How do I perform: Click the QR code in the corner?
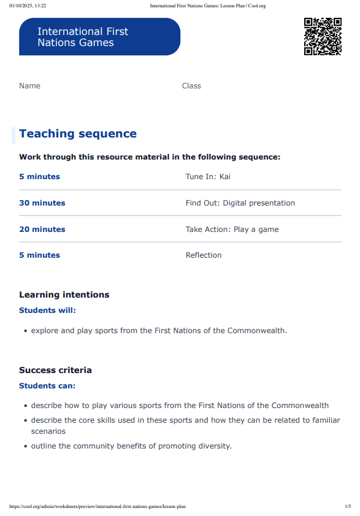click(x=323, y=37)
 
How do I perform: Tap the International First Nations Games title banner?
click(x=99, y=37)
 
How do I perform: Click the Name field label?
click(x=29, y=86)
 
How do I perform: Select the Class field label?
click(x=191, y=86)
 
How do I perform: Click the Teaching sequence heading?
click(x=78, y=134)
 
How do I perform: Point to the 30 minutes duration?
click(x=42, y=203)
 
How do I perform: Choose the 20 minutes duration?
click(x=42, y=229)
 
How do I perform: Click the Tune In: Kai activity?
click(x=208, y=177)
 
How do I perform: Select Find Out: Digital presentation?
click(x=240, y=203)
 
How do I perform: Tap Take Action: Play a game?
click(x=232, y=229)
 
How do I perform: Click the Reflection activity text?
click(x=204, y=255)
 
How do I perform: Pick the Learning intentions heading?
click(x=64, y=295)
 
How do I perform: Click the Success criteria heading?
click(x=55, y=370)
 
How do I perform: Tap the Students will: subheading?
click(x=47, y=310)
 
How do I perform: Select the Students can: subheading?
click(x=47, y=386)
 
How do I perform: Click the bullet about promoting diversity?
click(x=131, y=446)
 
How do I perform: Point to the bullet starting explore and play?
click(x=159, y=331)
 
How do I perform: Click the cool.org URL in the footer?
click(x=98, y=507)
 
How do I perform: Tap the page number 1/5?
click(x=348, y=507)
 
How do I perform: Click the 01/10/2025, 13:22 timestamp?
click(x=28, y=6)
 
